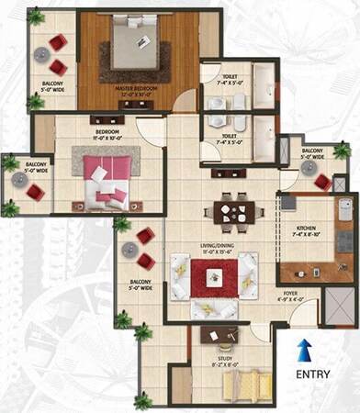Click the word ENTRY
(x=314, y=374)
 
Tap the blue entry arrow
(x=306, y=349)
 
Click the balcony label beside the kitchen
(x=312, y=153)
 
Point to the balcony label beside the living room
(x=141, y=285)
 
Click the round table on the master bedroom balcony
(x=41, y=55)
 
